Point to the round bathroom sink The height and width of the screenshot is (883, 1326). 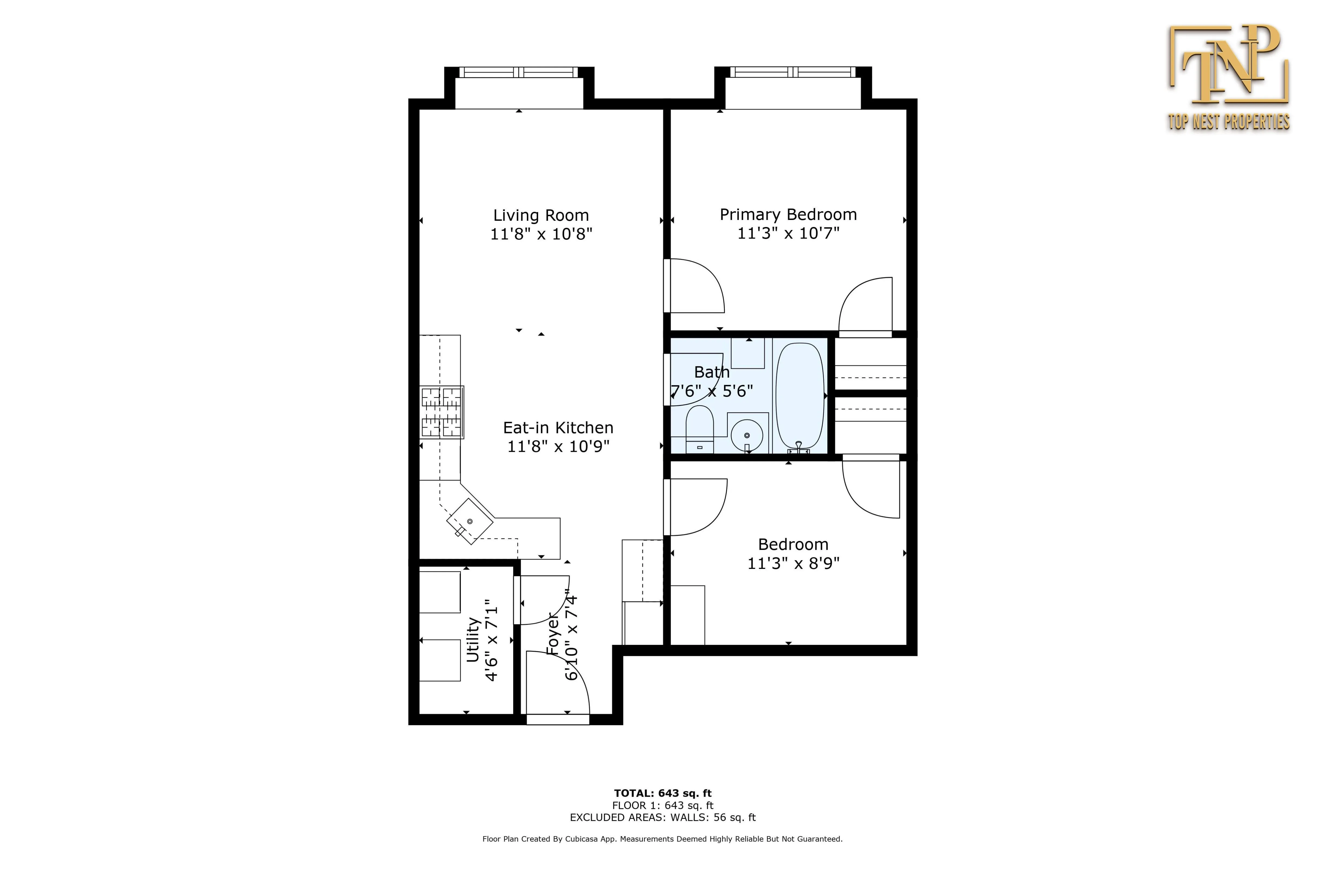click(747, 435)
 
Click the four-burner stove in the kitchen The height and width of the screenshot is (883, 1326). click(442, 412)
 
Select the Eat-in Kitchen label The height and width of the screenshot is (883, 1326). click(557, 428)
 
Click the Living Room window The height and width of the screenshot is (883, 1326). click(519, 72)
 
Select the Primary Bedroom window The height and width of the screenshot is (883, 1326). click(792, 72)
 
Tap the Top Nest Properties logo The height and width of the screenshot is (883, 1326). click(1229, 79)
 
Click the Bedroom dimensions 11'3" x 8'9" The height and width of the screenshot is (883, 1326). click(793, 563)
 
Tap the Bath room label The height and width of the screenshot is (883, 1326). click(712, 372)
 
